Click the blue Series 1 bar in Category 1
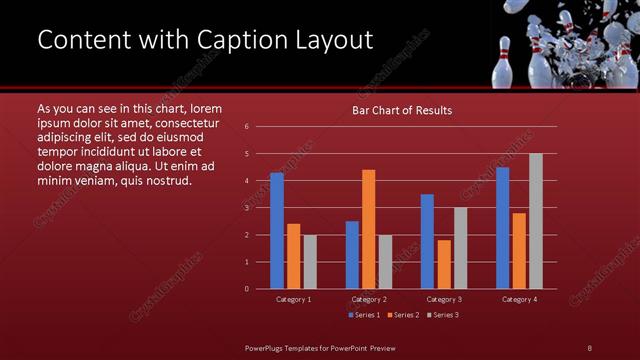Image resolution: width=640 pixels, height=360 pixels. click(277, 230)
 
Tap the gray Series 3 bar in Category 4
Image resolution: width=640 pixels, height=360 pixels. click(535, 220)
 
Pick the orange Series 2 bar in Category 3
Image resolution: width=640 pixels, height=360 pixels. click(443, 264)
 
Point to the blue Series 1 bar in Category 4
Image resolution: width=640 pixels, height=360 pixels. click(502, 227)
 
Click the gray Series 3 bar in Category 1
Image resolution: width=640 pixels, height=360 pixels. click(310, 261)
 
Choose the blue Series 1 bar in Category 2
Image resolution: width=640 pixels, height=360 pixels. click(352, 254)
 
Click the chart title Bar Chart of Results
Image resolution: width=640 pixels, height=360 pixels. click(402, 110)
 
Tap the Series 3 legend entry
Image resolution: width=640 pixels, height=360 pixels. click(443, 315)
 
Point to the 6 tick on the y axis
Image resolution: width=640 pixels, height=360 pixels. click(246, 127)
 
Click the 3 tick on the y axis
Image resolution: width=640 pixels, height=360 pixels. click(246, 208)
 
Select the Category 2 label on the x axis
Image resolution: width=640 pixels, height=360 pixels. click(369, 299)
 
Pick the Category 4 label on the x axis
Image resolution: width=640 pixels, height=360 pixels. click(519, 299)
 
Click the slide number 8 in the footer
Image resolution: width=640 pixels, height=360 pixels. click(590, 347)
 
